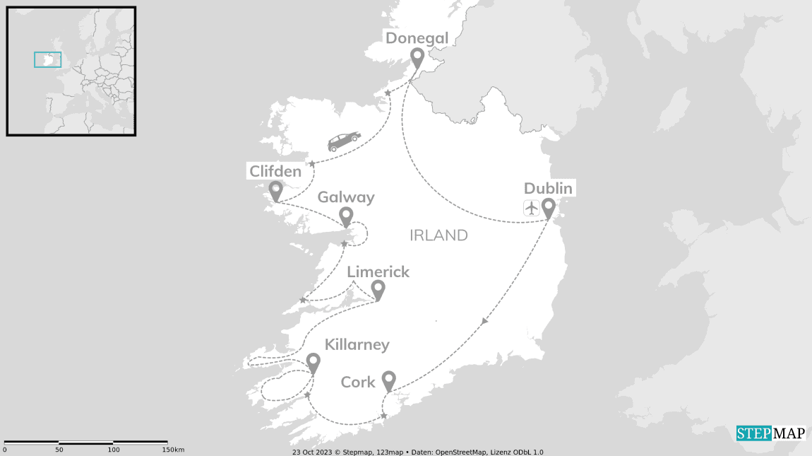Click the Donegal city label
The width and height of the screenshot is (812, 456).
pyautogui.click(x=417, y=37)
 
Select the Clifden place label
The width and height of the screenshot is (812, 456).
pyautogui.click(x=275, y=171)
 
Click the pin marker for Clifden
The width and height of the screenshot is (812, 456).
pyautogui.click(x=275, y=190)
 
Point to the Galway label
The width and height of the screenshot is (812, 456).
pyautogui.click(x=346, y=197)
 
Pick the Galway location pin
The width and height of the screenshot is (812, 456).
pyautogui.click(x=346, y=216)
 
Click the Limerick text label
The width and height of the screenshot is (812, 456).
pyautogui.click(x=378, y=271)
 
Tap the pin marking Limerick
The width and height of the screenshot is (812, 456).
pyautogui.click(x=378, y=290)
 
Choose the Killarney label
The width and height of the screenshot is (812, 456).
pyautogui.click(x=357, y=344)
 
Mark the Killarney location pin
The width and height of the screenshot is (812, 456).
pyautogui.click(x=313, y=363)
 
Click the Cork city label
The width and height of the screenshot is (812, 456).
pyautogui.click(x=358, y=382)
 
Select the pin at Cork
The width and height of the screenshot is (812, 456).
pyautogui.click(x=388, y=380)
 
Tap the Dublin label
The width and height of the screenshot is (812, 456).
pyautogui.click(x=548, y=188)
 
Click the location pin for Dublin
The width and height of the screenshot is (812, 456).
pyautogui.click(x=548, y=208)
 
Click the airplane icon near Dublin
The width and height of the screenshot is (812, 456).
pyautogui.click(x=531, y=208)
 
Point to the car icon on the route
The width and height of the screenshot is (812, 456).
pyautogui.click(x=344, y=141)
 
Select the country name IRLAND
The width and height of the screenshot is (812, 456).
pyautogui.click(x=438, y=235)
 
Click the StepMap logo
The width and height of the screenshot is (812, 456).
pyautogui.click(x=770, y=433)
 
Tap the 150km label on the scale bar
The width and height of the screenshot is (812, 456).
pyautogui.click(x=173, y=450)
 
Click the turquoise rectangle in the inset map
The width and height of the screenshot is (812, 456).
pyautogui.click(x=47, y=59)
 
